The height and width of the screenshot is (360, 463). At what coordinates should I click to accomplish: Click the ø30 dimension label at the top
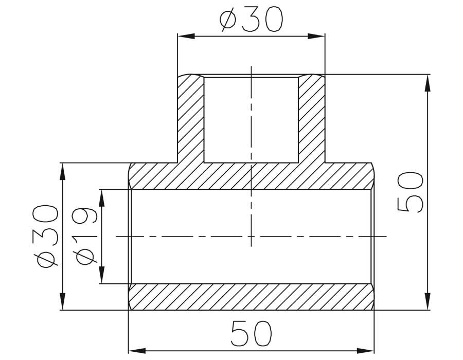click(251, 19)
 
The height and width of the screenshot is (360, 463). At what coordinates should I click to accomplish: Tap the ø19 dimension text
click(86, 237)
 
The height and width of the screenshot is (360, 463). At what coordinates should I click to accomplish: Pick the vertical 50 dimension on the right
click(411, 192)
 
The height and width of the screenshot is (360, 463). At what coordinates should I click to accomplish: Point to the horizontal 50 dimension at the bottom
click(251, 333)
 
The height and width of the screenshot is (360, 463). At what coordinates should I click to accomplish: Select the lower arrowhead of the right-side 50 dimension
click(427, 301)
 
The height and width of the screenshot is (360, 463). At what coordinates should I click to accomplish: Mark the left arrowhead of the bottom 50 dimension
click(137, 351)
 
